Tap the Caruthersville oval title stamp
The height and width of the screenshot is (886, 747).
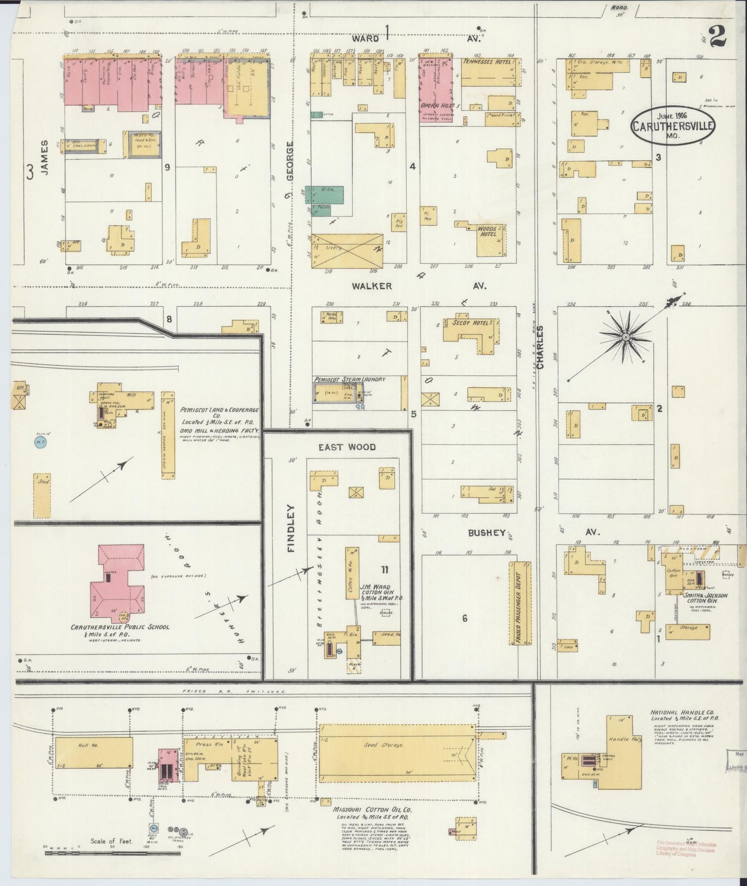pos(672,126)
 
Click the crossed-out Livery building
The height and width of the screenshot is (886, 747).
pos(347,251)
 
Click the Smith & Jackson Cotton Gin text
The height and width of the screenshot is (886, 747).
pos(706,599)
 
